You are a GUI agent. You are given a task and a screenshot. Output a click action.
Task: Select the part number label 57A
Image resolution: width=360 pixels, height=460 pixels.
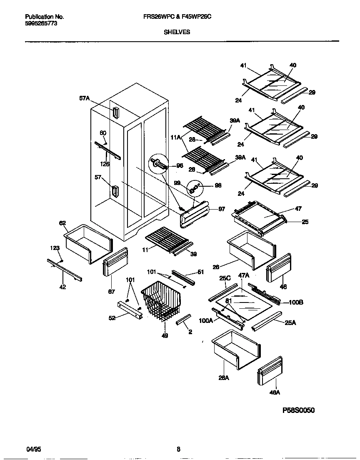click(85, 98)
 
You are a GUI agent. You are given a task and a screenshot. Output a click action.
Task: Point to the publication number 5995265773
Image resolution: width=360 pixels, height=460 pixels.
click(41, 24)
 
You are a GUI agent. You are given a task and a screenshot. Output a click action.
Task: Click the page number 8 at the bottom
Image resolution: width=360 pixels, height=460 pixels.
click(178, 449)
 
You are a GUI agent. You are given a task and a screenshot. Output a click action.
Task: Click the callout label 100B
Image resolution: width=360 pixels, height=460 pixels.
click(295, 302)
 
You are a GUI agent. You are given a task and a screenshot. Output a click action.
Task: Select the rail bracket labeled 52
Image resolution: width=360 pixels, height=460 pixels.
click(130, 310)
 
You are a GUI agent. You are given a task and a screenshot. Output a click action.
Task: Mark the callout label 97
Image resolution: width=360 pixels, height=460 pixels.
click(222, 210)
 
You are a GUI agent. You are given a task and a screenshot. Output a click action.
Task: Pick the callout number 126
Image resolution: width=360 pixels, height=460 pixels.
click(105, 165)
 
